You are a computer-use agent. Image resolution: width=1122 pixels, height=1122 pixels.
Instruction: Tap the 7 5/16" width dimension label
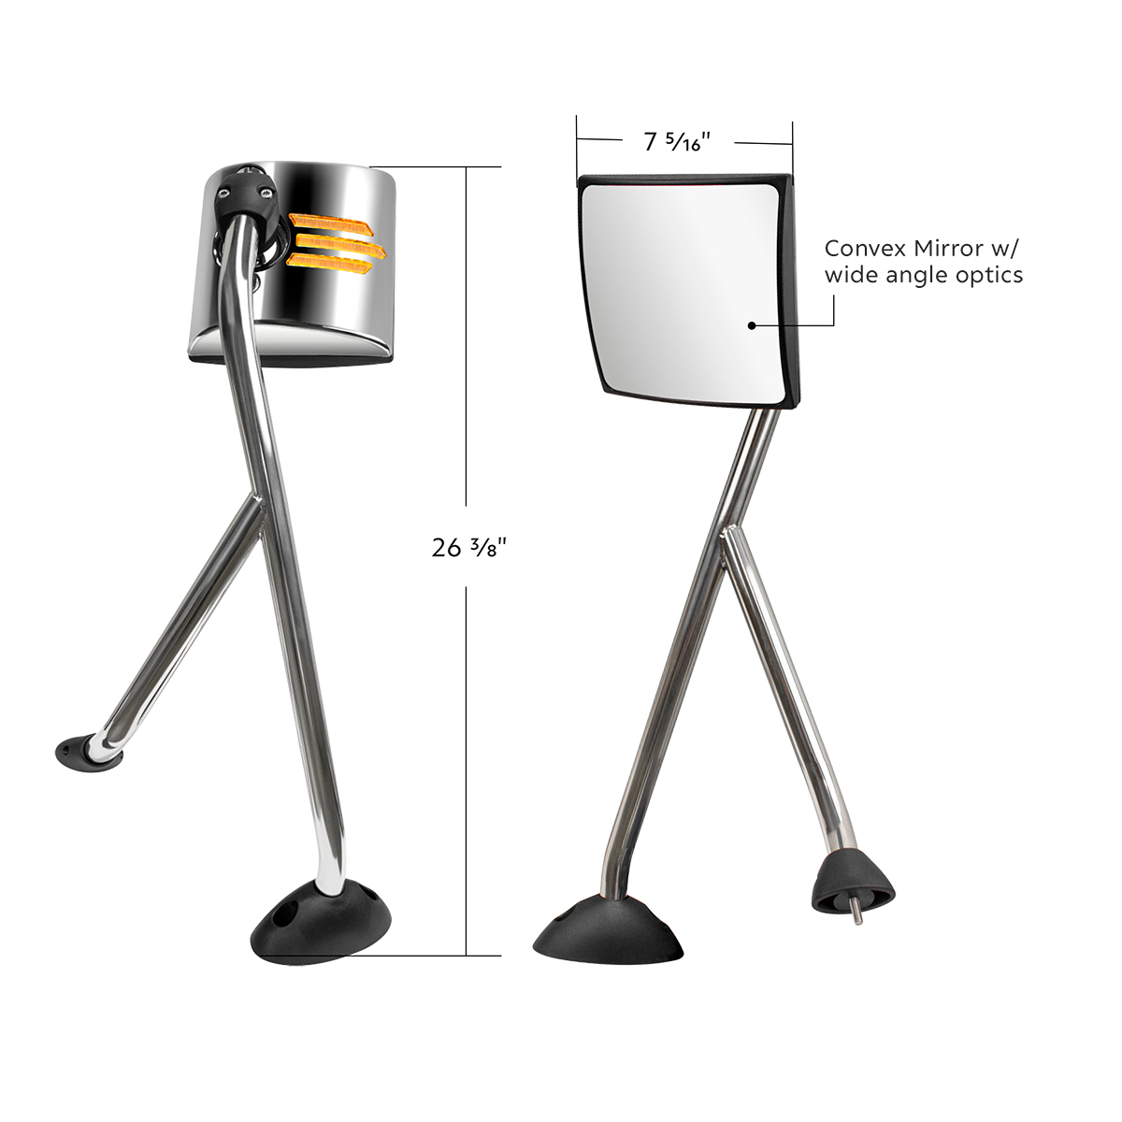[678, 142]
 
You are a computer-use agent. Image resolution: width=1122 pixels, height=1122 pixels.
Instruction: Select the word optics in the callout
[988, 275]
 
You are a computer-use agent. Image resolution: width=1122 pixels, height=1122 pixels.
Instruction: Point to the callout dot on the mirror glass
[752, 325]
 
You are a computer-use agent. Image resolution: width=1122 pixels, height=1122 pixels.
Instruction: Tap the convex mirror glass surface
[683, 290]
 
